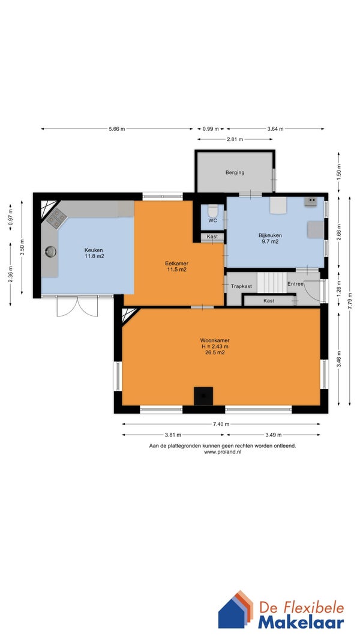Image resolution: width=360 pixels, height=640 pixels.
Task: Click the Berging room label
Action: click(x=235, y=173)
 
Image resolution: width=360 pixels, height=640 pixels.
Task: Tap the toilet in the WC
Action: click(x=212, y=211)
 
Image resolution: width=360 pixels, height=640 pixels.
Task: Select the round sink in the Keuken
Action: click(x=50, y=252)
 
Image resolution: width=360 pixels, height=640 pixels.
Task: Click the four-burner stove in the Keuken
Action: click(x=56, y=219)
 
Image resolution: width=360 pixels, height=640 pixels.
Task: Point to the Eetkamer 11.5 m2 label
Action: click(x=176, y=267)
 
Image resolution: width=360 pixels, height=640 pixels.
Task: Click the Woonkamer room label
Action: click(x=215, y=340)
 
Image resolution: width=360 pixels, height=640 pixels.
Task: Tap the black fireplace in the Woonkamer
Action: click(x=203, y=396)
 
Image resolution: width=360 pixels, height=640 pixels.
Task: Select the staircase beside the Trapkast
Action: click(x=272, y=282)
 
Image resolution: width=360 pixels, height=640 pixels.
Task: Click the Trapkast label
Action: click(x=241, y=286)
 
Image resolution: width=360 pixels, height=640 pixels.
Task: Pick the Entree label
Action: click(x=295, y=283)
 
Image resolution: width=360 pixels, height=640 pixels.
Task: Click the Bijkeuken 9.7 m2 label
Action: click(x=271, y=238)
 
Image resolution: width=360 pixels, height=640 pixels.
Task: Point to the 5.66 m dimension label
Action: click(x=116, y=129)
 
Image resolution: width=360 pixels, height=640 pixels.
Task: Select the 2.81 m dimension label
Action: click(x=235, y=139)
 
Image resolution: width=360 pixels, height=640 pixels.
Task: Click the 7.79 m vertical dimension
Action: click(x=350, y=301)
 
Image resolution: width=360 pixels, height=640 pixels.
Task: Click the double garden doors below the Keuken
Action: click(x=77, y=306)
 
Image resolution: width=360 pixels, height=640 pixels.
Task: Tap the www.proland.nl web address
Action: click(x=222, y=452)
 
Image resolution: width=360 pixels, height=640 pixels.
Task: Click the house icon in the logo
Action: click(x=236, y=609)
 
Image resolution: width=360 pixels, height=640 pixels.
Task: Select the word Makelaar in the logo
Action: click(x=301, y=623)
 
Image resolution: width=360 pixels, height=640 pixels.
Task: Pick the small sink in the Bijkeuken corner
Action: click(x=310, y=201)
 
